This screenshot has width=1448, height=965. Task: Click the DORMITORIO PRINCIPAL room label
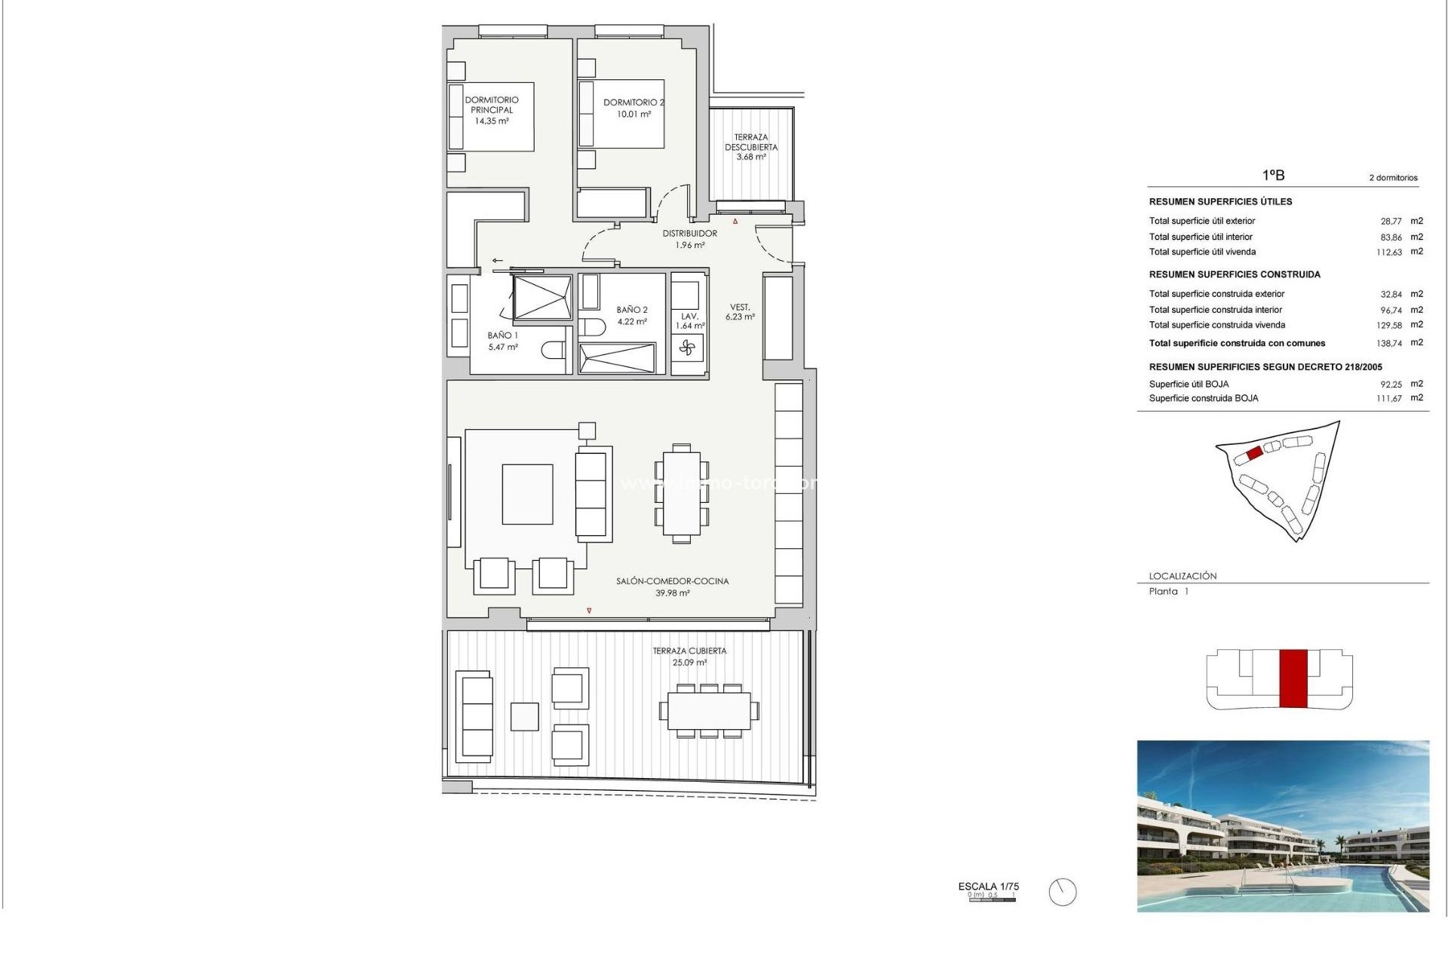[x=492, y=110]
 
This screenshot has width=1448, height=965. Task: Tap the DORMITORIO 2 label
[x=633, y=108]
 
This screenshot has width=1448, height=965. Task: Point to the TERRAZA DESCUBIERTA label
[x=751, y=147]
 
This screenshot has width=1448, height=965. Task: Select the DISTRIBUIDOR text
[x=690, y=234]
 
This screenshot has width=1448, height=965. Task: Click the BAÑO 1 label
[x=502, y=341]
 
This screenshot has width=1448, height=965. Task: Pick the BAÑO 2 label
[x=632, y=315]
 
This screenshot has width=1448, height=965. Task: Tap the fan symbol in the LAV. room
[x=687, y=348]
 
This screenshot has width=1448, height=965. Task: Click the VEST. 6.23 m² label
[x=740, y=312]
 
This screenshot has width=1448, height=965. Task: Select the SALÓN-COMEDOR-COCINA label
[x=672, y=587]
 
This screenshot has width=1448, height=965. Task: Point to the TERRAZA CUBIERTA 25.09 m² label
[x=689, y=656]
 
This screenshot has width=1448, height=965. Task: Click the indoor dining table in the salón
[x=681, y=493]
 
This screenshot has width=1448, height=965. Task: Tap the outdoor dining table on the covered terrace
[x=707, y=711]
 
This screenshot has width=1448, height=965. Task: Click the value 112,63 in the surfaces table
[x=1389, y=253]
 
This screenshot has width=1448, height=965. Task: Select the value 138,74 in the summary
[x=1389, y=343]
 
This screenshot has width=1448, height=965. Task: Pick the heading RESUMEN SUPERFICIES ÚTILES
[x=1220, y=202]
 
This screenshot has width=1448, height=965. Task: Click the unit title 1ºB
[x=1273, y=175]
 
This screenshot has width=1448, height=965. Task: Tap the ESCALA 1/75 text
[x=988, y=887]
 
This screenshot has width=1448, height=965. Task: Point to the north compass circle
[x=1063, y=893]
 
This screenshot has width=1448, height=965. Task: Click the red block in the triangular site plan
[x=1254, y=453]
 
